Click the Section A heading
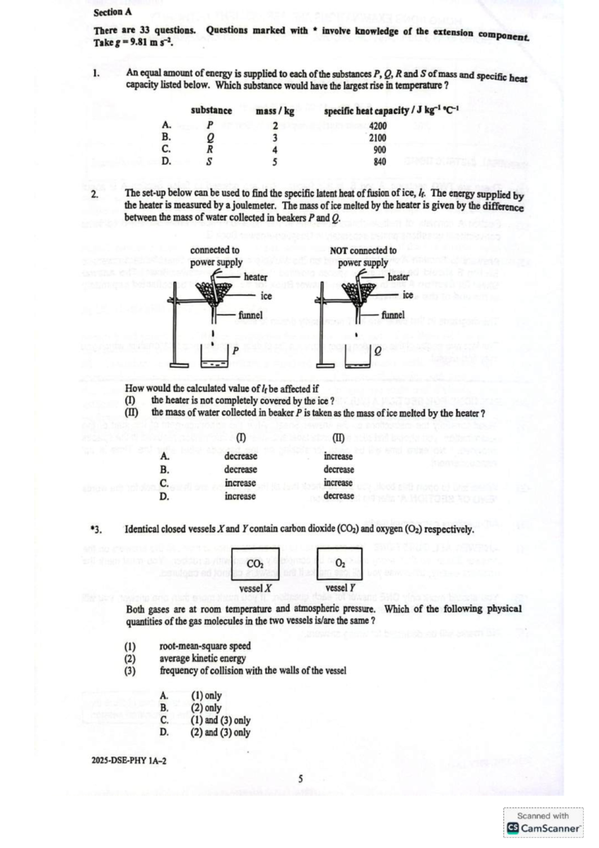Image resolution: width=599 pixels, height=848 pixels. coord(112,12)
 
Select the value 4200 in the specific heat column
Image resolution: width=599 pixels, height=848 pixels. coord(378,126)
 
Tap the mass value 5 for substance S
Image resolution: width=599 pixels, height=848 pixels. coord(275,162)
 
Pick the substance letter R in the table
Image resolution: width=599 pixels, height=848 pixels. coord(210,149)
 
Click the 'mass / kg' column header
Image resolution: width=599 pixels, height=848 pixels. coord(275,111)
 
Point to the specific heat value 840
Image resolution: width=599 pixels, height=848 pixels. coord(380,162)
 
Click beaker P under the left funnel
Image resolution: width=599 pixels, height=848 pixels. coord(214,359)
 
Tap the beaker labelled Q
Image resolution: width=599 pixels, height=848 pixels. coord(357,359)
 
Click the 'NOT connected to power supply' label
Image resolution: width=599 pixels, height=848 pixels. coord(363,256)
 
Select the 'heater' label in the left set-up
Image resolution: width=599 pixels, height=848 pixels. coord(256,277)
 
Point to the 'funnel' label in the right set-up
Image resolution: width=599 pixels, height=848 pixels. coord(393,315)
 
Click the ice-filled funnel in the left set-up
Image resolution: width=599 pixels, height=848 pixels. coord(213,292)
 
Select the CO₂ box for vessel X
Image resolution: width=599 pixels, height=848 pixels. coord(255,563)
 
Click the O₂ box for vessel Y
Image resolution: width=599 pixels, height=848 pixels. coord(340,563)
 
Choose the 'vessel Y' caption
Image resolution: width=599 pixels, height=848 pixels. coord(340,588)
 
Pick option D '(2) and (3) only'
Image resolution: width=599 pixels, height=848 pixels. coord(220,733)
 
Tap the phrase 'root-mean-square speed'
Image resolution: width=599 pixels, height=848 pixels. coord(205,646)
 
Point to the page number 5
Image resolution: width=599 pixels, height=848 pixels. coord(300,779)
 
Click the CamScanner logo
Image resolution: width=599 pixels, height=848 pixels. coord(544,829)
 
